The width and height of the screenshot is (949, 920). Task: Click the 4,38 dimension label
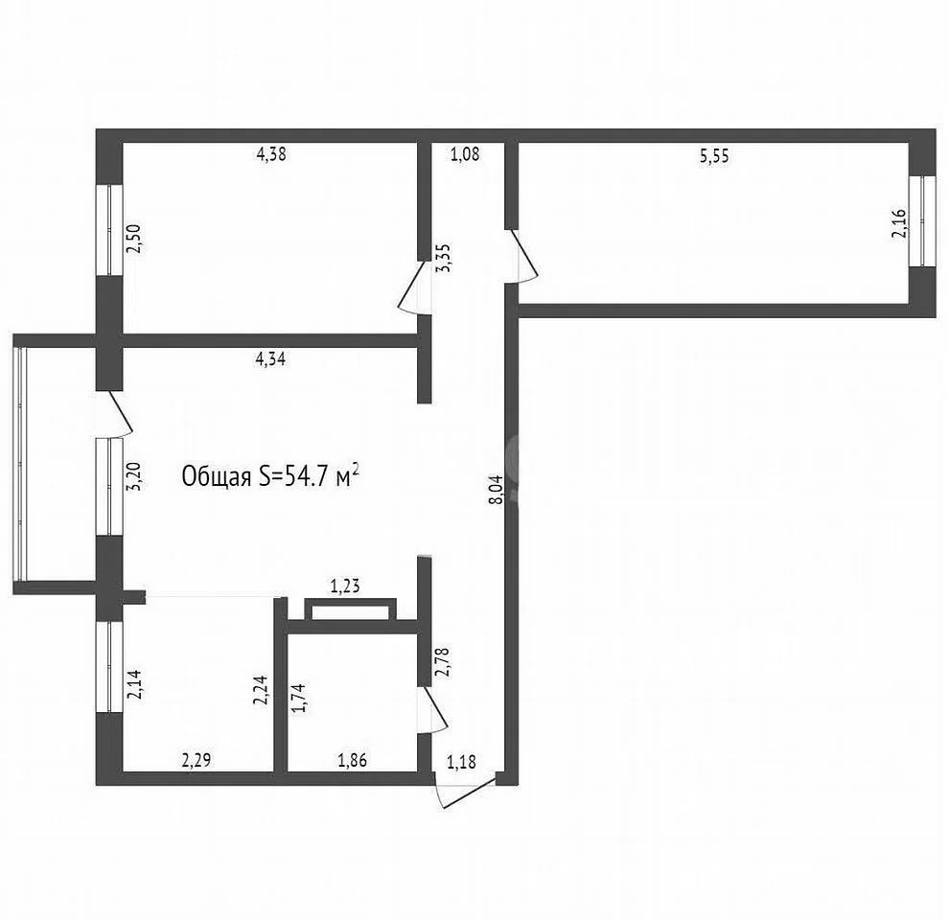(271, 154)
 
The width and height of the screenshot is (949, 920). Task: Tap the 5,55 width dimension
(714, 156)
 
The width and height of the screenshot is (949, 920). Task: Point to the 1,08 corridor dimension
(465, 154)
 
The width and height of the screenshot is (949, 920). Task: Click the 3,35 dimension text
(445, 258)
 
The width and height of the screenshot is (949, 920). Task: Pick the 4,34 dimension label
(270, 359)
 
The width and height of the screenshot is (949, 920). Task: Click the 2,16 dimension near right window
(899, 222)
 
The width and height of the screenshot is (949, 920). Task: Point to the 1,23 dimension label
(345, 586)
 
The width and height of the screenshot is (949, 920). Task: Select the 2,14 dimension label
(135, 684)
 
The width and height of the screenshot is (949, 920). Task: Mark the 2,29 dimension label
(197, 760)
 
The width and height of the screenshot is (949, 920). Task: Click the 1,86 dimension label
(352, 760)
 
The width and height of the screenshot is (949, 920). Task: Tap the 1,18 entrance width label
(461, 762)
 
